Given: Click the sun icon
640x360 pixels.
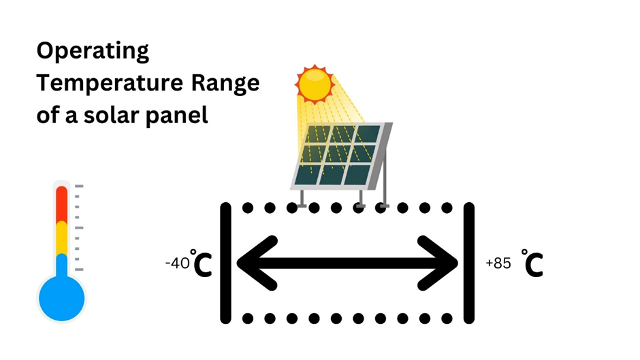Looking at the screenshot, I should (315, 84).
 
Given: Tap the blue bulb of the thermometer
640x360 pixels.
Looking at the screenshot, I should (62, 298).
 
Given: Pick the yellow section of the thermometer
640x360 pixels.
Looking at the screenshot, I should (62, 237).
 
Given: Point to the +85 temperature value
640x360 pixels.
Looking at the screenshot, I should (498, 263).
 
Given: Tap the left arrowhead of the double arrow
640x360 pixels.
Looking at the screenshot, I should (255, 261).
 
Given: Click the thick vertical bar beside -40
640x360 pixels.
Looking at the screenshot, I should (226, 262).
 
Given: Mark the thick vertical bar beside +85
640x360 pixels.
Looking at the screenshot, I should (468, 262).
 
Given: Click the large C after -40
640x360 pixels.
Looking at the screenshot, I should (203, 266).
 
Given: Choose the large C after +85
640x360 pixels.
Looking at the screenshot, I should (534, 266).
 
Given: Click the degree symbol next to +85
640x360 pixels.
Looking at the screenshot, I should (524, 252).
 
